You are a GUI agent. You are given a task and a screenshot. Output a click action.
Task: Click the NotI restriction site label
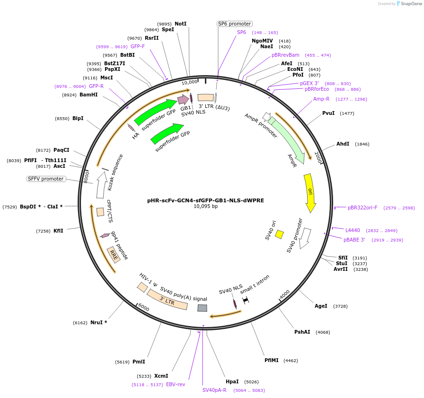tap(180, 24)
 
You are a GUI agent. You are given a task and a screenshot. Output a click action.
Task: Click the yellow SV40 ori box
tap(279, 234)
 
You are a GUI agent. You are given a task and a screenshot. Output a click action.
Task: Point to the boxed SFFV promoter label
tap(46, 179)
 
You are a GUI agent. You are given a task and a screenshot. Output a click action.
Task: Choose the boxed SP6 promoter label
tap(235, 24)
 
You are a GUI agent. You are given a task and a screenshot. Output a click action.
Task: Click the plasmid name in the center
tap(205, 200)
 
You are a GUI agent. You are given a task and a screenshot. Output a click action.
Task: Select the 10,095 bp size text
tap(205, 207)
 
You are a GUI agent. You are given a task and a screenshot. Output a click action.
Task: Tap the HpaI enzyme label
tap(232, 381)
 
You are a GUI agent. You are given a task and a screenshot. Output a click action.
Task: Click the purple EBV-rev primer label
tap(176, 384)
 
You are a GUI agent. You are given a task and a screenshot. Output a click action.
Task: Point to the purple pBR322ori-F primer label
tap(362, 208)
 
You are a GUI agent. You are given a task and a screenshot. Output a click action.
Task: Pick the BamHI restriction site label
tap(88, 95)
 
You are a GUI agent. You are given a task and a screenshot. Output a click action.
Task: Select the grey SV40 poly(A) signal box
tap(202, 308)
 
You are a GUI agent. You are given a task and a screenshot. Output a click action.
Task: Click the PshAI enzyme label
tap(302, 332)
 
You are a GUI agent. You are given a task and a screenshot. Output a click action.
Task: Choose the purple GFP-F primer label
tap(138, 46)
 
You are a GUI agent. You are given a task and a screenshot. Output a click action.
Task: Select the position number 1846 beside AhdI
tap(362, 144)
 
